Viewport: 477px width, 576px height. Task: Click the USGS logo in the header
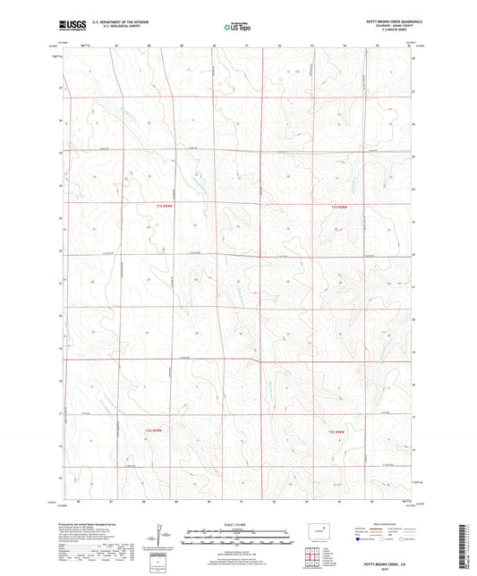(x=69, y=25)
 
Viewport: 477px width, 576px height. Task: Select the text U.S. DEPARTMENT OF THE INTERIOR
(x=125, y=21)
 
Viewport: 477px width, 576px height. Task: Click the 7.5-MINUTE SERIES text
(x=399, y=30)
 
